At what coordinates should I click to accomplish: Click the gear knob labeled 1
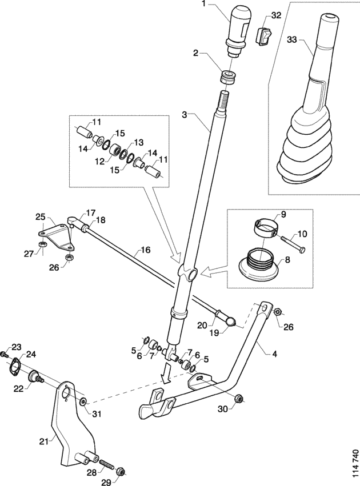click(238, 30)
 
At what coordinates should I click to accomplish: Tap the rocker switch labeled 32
click(263, 37)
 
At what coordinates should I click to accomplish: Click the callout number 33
click(292, 39)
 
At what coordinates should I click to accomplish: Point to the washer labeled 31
click(83, 402)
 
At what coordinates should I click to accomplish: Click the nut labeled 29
click(121, 472)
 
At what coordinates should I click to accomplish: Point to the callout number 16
click(146, 250)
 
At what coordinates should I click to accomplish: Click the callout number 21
click(44, 441)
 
